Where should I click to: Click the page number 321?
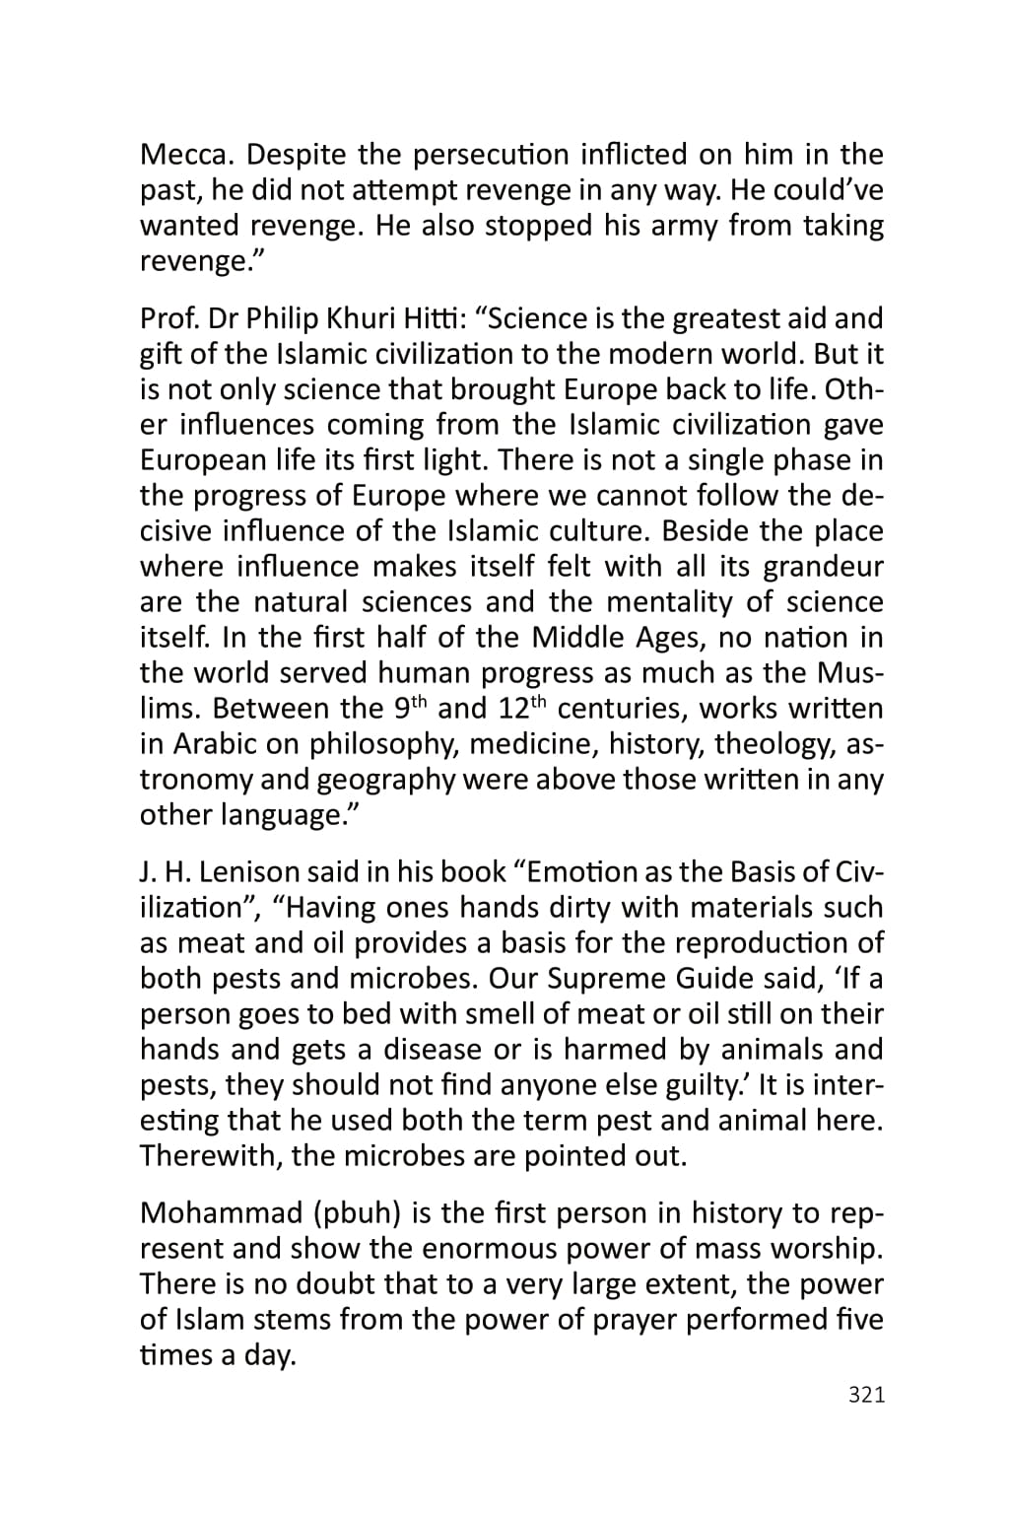click(866, 1395)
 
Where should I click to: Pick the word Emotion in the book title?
click(569, 872)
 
